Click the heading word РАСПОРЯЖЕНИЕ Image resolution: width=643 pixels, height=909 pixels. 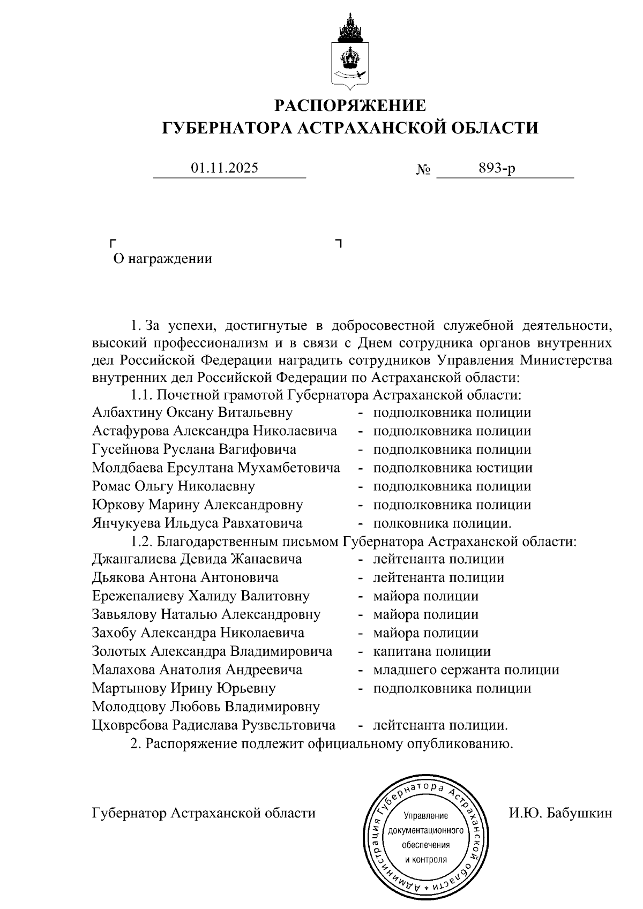pos(351,105)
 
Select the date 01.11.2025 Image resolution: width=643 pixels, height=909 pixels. pos(225,168)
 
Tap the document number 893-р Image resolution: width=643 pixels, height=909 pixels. pos(497,168)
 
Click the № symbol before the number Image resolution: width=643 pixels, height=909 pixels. pos(423,171)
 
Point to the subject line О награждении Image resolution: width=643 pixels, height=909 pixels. pos(163,259)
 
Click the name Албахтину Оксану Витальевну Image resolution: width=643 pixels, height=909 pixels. pos(192,413)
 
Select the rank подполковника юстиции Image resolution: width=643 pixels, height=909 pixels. pos(453,468)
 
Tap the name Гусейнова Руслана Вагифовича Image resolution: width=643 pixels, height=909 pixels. pos(194,450)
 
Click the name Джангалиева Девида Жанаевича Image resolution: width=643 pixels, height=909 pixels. pos(197,560)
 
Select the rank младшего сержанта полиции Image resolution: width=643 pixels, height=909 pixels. pos(466,670)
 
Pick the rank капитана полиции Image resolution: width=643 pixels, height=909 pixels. pos(432,652)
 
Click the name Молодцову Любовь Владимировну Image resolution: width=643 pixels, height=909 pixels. pos(206,707)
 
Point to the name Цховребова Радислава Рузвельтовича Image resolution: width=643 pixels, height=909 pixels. pos(214,726)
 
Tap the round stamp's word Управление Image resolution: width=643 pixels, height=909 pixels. pos(425,816)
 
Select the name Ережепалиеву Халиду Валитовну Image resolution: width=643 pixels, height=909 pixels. pos(200,597)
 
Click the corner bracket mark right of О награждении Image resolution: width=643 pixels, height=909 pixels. pos(338,244)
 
